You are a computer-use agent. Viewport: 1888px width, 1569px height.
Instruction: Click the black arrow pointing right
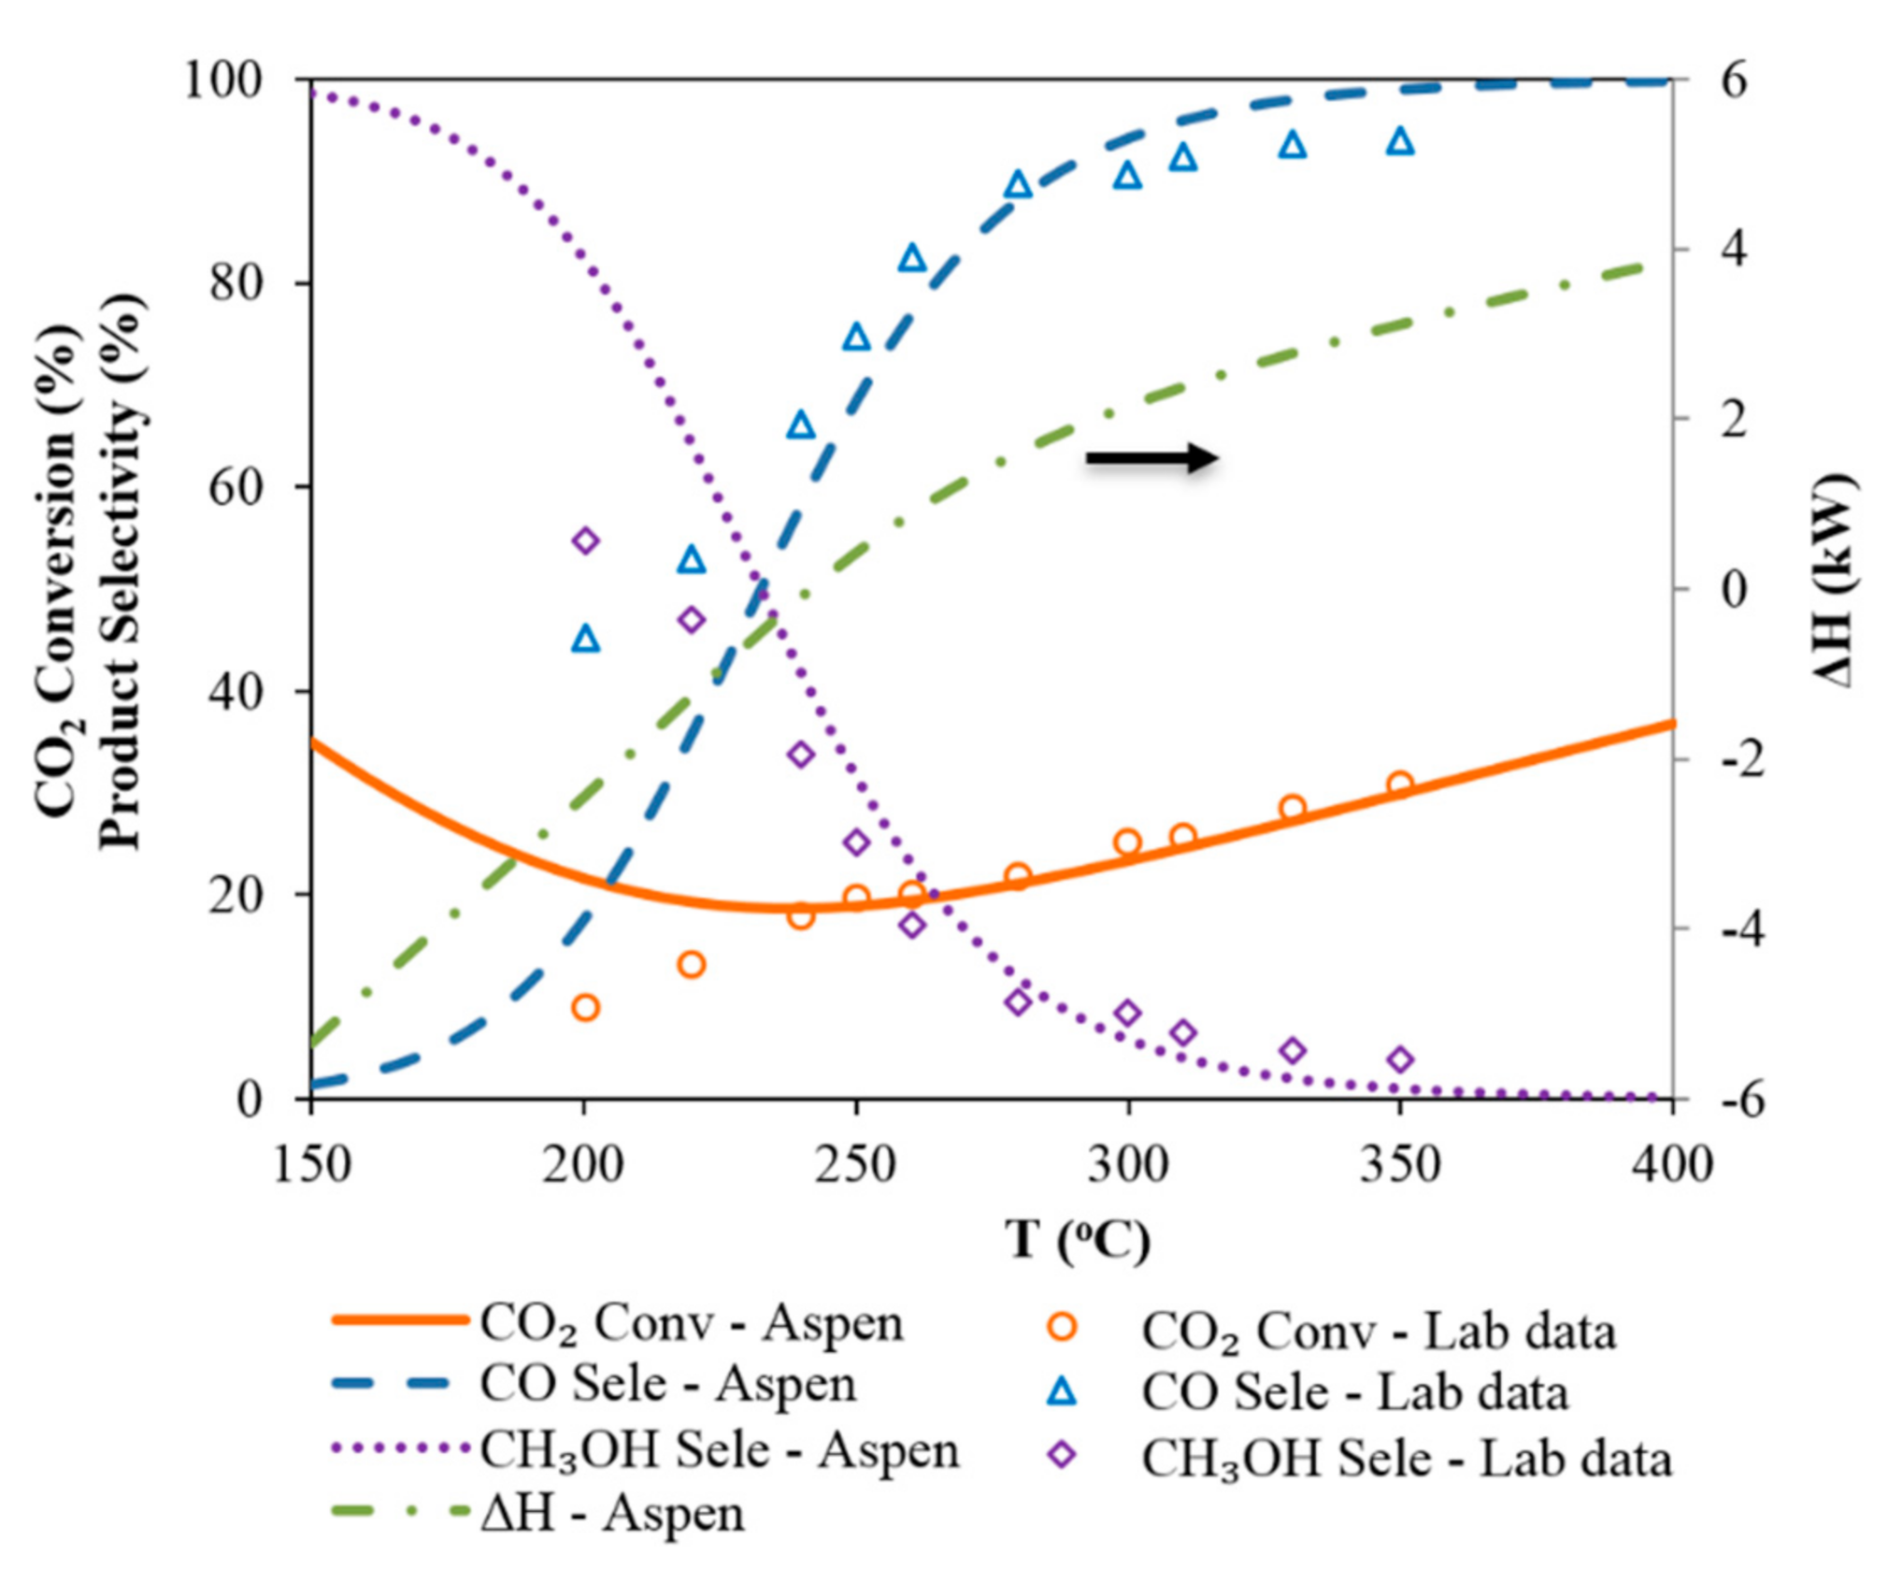tap(1151, 457)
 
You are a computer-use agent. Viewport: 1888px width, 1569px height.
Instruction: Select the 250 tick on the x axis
tap(855, 1165)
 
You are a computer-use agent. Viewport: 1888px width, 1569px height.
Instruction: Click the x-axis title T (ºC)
tap(1078, 1240)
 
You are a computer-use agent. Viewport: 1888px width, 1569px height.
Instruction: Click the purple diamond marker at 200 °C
tap(585, 540)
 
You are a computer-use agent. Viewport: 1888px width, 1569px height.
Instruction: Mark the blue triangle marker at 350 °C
tap(1399, 141)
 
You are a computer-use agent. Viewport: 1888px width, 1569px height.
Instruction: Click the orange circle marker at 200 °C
tap(585, 1007)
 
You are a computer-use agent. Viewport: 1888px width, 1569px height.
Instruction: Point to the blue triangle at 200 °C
tap(585, 640)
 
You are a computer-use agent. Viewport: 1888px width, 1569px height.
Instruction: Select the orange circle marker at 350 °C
tap(1399, 784)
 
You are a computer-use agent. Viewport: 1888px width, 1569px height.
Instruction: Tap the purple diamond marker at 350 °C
tap(1399, 1059)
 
